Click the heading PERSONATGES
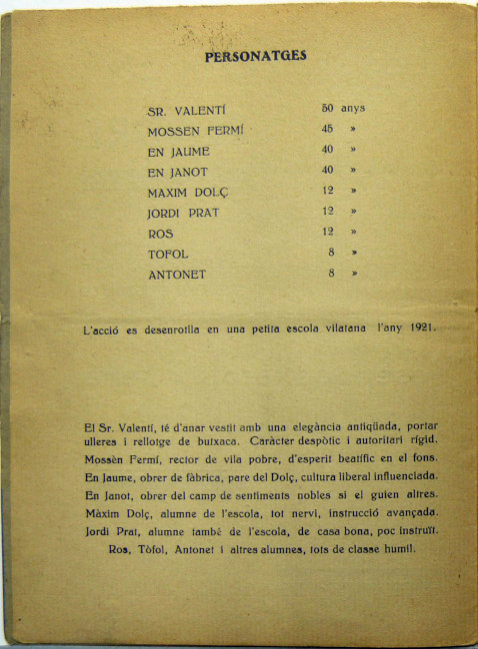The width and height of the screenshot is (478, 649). pos(255,57)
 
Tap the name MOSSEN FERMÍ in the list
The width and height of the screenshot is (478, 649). pos(195,131)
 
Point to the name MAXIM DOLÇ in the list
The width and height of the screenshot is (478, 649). pos(188,192)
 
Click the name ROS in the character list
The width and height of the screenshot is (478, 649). pos(160,233)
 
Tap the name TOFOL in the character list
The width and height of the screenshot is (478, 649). pos(168,253)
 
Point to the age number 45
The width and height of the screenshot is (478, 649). pos(326,129)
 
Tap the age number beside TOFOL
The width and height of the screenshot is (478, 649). pos(330,252)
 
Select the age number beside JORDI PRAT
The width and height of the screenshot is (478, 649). pos(326,212)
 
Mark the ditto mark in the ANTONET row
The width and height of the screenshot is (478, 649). pos(353,273)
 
